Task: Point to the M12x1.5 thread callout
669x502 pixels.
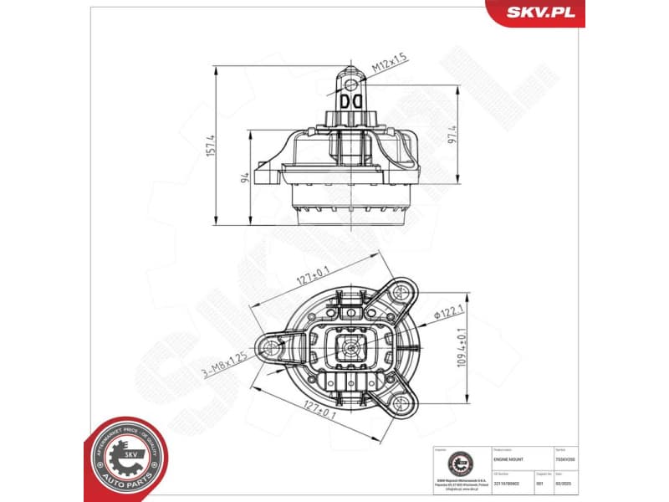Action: (390, 59)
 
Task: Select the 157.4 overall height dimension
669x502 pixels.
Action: (212, 145)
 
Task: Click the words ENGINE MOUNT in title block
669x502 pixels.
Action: (508, 459)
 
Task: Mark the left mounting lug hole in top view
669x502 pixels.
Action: (271, 347)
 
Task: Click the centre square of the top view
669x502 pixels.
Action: (348, 346)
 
